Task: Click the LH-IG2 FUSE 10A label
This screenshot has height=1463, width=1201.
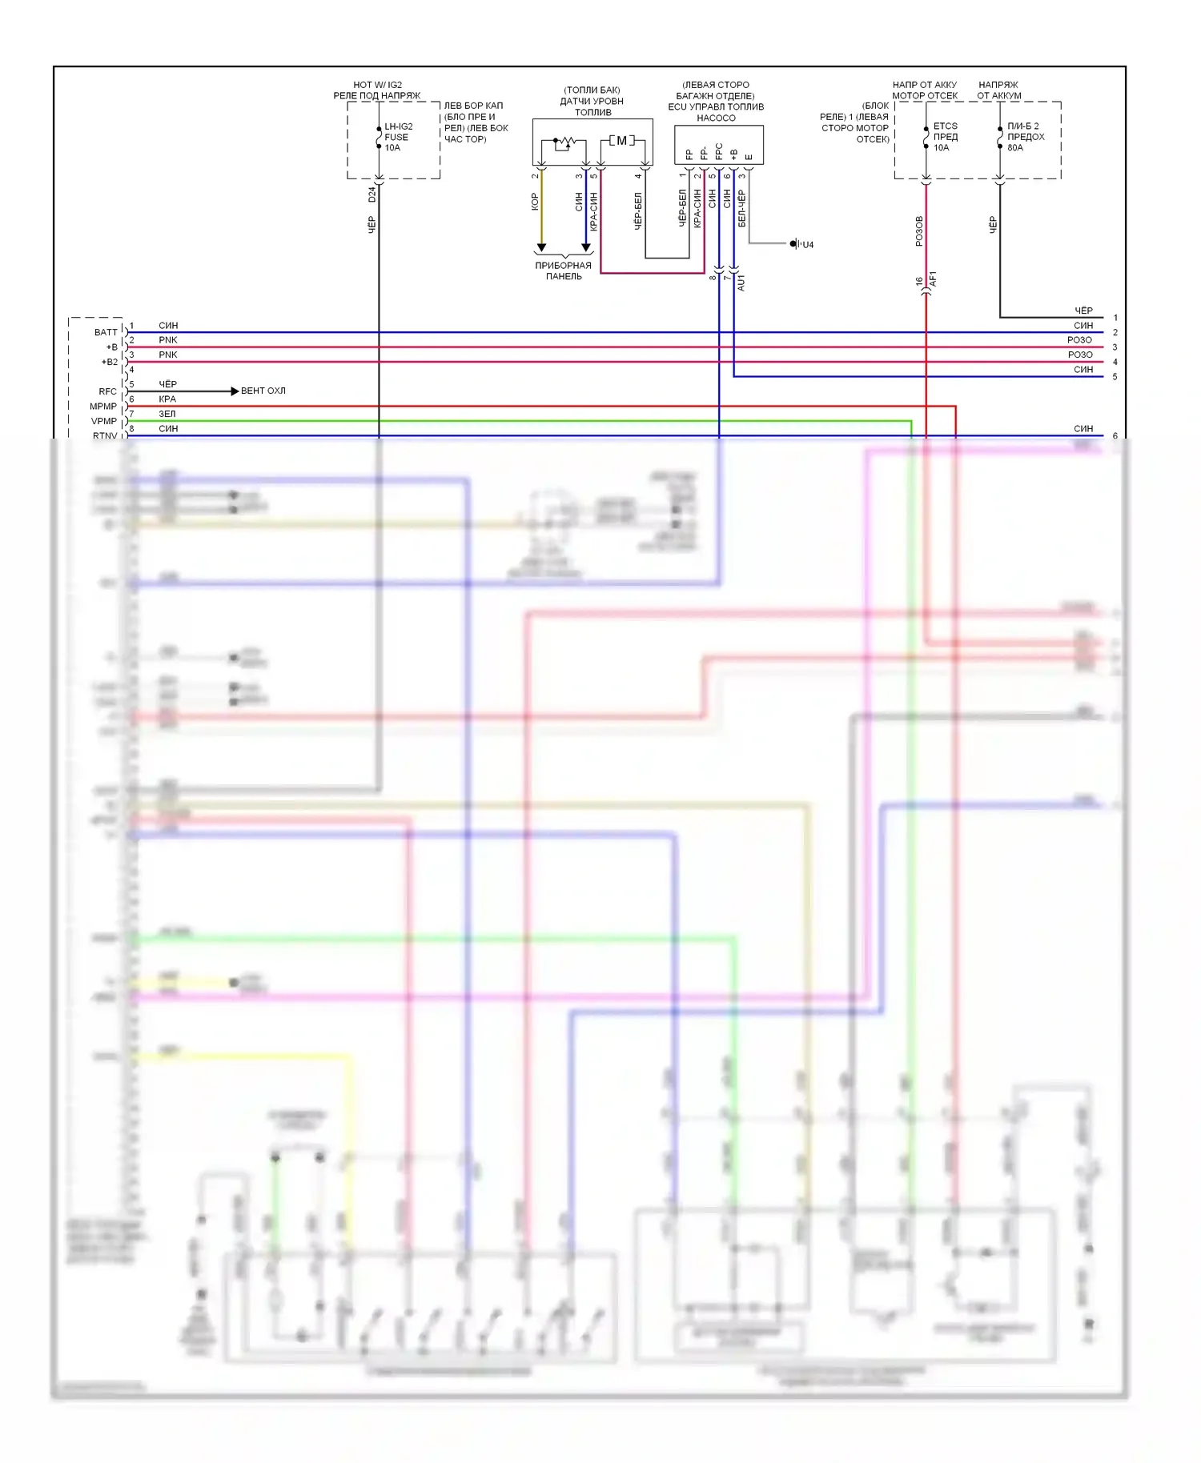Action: coord(397,137)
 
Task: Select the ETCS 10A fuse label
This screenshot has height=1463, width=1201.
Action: coord(945,137)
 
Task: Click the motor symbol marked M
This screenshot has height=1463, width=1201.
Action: coord(621,141)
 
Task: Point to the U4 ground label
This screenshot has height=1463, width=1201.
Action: coord(808,245)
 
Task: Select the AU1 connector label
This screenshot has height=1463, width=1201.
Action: coord(741,283)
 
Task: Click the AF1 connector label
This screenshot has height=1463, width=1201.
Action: coord(933,279)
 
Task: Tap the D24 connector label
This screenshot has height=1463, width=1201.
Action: coord(372,194)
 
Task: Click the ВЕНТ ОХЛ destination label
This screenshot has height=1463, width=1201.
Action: coord(263,391)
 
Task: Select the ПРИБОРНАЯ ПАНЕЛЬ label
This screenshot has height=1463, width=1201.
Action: coord(564,271)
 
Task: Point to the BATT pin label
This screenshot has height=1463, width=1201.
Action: coord(106,332)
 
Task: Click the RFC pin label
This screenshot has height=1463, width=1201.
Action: coord(107,391)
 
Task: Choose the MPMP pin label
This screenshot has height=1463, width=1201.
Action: coord(103,407)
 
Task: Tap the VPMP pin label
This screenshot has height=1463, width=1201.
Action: coord(104,421)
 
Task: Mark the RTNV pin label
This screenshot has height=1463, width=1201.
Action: coord(105,435)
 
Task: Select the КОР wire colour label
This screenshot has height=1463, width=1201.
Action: coord(535,202)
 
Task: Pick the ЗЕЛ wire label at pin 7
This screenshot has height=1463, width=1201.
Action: coord(167,414)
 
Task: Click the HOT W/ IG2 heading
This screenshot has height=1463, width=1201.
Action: coord(377,85)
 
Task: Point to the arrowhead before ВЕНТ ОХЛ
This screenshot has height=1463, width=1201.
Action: coord(235,391)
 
